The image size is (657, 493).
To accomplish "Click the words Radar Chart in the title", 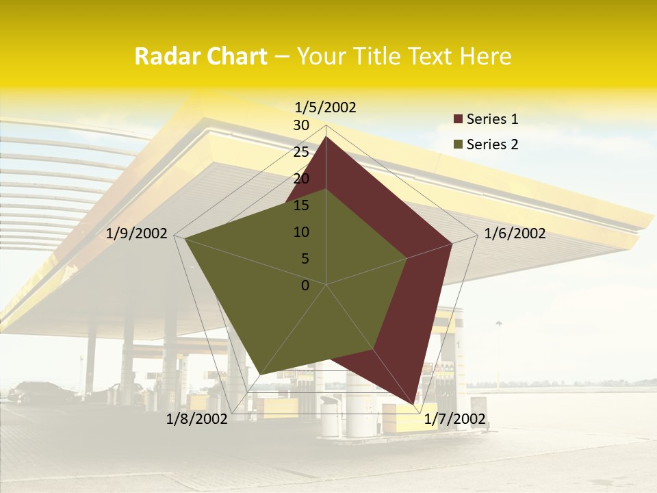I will [201, 57].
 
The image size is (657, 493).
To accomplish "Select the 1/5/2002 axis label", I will [326, 107].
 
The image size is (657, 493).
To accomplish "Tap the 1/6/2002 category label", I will [515, 233].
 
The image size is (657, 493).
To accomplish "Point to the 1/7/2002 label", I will [454, 419].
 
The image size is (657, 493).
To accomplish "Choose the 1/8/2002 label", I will [197, 419].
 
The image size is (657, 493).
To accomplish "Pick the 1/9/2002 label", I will [137, 233].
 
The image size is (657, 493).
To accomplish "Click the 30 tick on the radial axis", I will [301, 125].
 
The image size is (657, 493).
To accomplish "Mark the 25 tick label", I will [301, 152].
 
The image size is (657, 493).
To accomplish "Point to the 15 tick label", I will [301, 205].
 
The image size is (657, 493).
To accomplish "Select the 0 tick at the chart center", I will [305, 286].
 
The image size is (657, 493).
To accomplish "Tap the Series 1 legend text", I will [492, 119].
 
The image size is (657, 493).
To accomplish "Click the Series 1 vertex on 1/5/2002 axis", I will [326, 136].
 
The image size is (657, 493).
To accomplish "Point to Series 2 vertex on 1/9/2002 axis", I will [185, 239].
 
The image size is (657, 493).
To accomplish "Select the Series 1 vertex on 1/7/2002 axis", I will [415, 403].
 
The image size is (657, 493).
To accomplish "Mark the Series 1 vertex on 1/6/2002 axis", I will [452, 243].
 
